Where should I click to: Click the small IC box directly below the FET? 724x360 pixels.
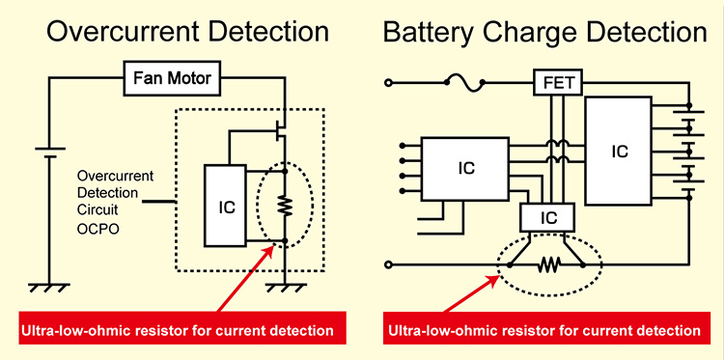pos(547,219)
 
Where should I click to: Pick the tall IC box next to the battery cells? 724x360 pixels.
pos(620,151)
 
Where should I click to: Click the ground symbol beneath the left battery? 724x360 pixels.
pos(42,287)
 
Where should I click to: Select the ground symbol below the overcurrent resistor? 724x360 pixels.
pos(285,287)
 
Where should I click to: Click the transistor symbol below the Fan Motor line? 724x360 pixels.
pos(281,126)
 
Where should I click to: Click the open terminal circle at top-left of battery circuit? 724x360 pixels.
pos(389,84)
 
